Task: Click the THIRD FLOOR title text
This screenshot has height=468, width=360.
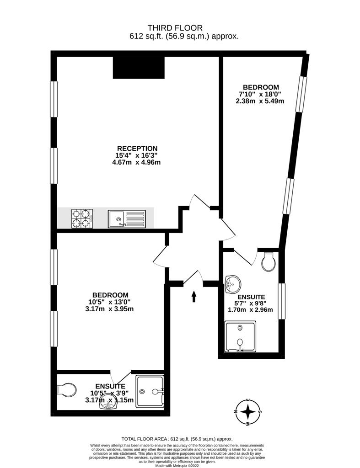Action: coord(175,28)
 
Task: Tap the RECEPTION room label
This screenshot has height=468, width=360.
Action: coord(137,149)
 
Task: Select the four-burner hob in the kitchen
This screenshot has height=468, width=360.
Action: coord(82,218)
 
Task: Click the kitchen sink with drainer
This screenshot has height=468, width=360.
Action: coord(127,219)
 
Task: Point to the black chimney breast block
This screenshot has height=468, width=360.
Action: coord(139,68)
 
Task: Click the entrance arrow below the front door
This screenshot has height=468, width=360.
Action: coord(194,296)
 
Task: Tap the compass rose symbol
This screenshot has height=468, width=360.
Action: coord(247,412)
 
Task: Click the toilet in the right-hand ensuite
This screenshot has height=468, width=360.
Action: coord(269,262)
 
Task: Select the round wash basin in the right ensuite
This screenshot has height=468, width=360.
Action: coord(233,284)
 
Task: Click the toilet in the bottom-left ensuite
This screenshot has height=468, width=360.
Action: coord(67,390)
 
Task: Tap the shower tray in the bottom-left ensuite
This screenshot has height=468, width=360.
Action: coord(150,391)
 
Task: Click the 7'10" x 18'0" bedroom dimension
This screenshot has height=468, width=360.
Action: coord(260,94)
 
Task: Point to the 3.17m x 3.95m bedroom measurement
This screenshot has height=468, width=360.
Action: coord(109,309)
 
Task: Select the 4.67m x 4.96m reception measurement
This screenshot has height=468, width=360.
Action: coord(136,162)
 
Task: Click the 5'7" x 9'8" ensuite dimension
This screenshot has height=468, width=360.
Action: coord(250,303)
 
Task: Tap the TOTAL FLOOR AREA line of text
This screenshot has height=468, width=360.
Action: coord(177,439)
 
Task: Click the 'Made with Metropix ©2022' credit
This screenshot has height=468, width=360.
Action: coord(177,465)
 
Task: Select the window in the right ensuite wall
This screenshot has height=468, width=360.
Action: coord(281,301)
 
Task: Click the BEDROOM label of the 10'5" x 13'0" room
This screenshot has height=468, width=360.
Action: coord(110,295)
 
